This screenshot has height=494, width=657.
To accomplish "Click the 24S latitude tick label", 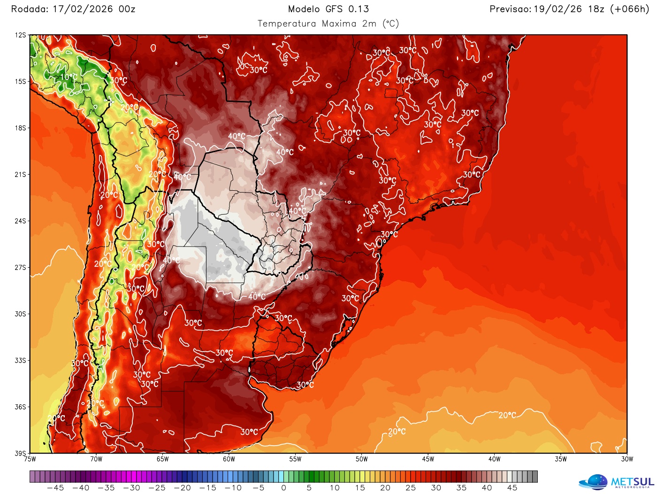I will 20,221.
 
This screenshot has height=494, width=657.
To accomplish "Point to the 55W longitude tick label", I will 295,459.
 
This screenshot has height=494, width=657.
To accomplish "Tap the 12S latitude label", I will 20,35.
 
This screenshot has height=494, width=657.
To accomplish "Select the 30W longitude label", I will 627,459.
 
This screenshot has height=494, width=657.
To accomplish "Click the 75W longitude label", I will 30,459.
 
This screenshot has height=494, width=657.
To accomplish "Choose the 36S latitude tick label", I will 20,407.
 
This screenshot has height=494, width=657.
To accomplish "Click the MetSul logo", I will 616,482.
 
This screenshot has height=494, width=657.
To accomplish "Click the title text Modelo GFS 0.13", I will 328,9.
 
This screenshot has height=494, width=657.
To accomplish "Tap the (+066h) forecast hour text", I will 629,9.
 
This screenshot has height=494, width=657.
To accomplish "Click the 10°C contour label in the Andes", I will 69,77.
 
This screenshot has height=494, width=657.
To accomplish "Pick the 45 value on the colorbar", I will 512,488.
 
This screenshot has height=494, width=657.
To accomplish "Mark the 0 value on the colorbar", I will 283,488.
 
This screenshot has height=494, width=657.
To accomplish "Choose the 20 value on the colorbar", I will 385,488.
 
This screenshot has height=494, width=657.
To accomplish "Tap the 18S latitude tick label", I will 20,128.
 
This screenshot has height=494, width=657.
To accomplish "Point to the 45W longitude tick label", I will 428,459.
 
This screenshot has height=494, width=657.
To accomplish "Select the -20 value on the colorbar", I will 182,488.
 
